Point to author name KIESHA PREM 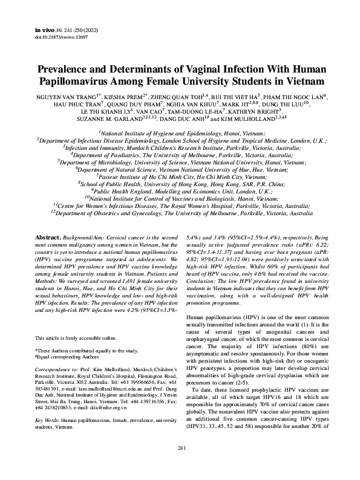click(x=129, y=97)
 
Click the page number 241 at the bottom click(x=180, y=464)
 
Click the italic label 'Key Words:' click(x=48, y=419)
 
